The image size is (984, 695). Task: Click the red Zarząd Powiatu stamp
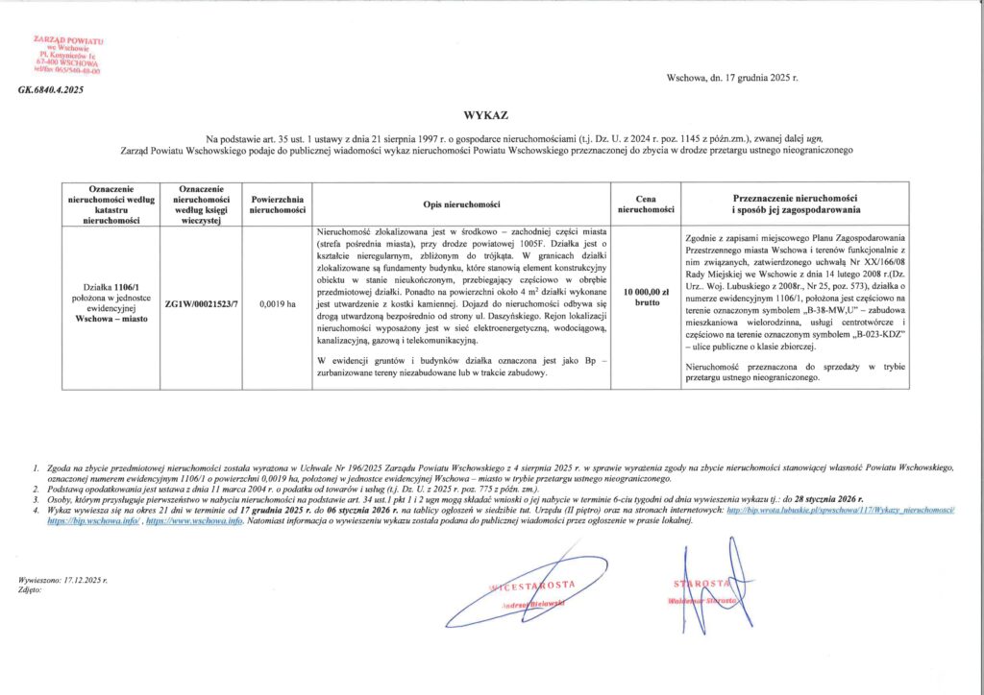pos(68,57)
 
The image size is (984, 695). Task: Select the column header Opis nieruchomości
pos(463,203)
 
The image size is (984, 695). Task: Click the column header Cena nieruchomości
pos(646,203)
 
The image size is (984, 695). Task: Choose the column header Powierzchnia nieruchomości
pos(278,203)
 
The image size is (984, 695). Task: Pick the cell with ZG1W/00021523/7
pos(201,303)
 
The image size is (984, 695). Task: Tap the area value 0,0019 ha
pos(277,303)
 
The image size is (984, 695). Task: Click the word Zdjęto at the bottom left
pos(30,590)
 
